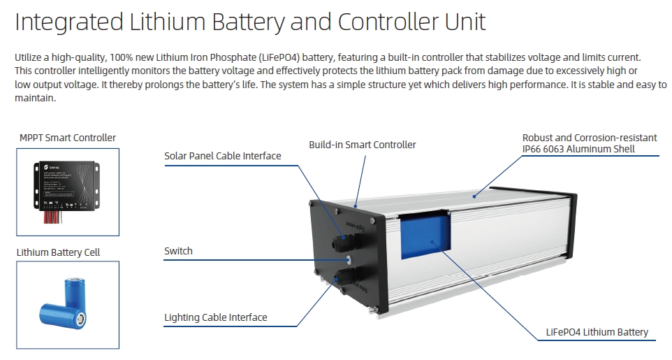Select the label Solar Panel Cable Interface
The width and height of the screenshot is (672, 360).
click(223, 155)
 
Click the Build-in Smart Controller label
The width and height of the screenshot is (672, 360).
click(362, 145)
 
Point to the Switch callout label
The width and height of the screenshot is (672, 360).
click(178, 250)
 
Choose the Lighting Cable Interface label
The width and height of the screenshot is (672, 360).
click(215, 317)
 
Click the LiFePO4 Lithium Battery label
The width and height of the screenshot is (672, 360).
click(597, 332)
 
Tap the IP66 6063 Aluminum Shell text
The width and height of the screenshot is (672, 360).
click(578, 149)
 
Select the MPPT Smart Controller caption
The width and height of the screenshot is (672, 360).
click(68, 138)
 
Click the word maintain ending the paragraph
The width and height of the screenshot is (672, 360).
click(34, 98)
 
